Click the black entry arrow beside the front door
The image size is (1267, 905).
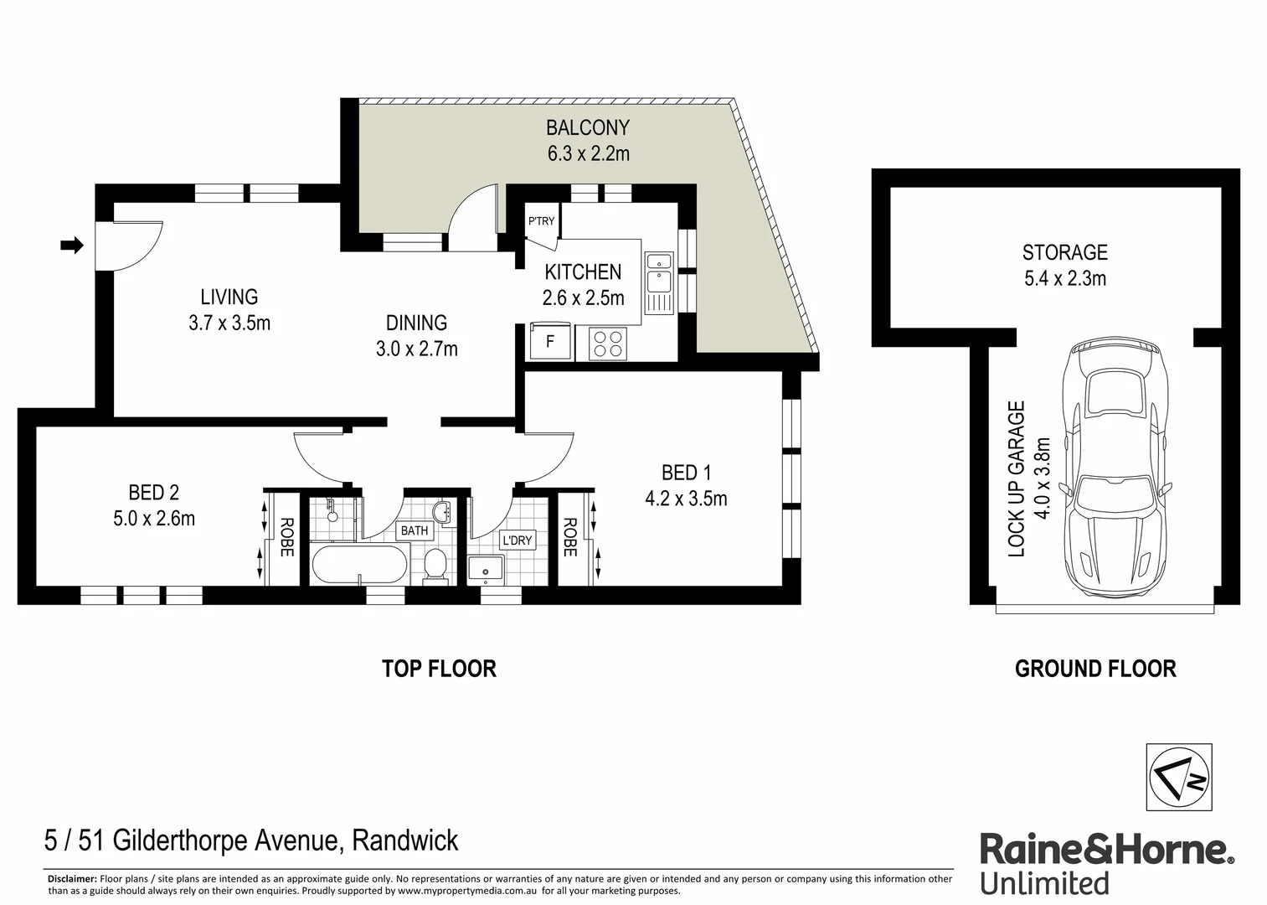point(73,246)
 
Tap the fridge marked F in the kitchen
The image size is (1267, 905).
point(550,341)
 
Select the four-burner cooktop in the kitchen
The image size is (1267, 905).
point(608,343)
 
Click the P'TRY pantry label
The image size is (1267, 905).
point(541,221)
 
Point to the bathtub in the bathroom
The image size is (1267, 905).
point(359,564)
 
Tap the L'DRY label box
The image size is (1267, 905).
point(517,540)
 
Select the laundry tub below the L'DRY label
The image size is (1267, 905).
point(486,569)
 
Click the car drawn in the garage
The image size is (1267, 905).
point(1114,470)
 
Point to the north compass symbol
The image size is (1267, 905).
point(1178,777)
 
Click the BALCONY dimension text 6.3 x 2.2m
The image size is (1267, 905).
point(588,153)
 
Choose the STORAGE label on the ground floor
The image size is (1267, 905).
point(1064,252)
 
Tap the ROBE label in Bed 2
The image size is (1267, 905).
point(286,537)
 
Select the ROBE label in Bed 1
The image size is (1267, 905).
point(570,537)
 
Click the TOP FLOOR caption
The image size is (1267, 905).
point(439,669)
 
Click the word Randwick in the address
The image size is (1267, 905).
point(404,840)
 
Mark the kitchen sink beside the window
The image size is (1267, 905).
point(659,283)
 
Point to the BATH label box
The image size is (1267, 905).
point(414,530)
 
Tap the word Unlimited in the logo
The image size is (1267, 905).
point(1044,883)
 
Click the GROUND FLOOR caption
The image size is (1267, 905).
point(1095,669)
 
